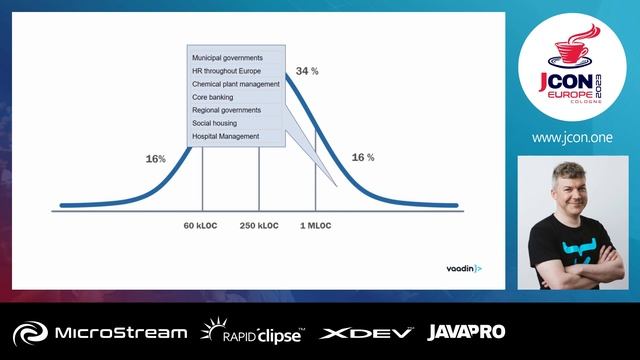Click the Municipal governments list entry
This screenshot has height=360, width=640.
pos(227,58)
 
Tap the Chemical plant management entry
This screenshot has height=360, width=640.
pos(235,84)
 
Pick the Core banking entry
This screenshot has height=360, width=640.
pos(213,97)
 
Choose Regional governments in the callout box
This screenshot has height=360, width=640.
pos(227,110)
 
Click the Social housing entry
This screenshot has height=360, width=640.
pos(216,123)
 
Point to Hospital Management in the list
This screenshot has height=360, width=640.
pos(225,136)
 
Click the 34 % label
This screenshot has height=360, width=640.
pos(306,72)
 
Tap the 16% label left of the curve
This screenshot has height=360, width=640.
pos(155,159)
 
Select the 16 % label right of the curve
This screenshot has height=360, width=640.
pos(363,158)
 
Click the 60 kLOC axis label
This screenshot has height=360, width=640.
pos(201,226)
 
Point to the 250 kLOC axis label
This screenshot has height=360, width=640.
pos(259,226)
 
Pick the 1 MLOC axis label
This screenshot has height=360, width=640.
pos(316,226)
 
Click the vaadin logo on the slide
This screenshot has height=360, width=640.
pos(463,269)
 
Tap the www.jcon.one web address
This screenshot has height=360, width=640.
pos(573,138)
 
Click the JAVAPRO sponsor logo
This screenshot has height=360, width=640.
pos(466,332)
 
